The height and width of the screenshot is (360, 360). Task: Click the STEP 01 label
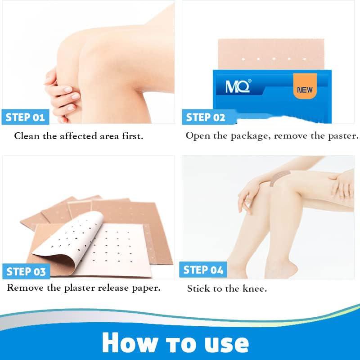pyautogui.click(x=25, y=117)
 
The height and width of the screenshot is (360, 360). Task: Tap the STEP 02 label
pyautogui.click(x=205, y=117)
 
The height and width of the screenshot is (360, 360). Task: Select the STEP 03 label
pyautogui.click(x=26, y=272)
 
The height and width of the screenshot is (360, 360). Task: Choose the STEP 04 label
pyautogui.click(x=203, y=270)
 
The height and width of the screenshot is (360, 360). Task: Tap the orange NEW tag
pyautogui.click(x=305, y=90)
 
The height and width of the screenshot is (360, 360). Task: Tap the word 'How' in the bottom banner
pyautogui.click(x=130, y=343)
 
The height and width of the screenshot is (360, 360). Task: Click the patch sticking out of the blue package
pyautogui.click(x=270, y=54)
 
